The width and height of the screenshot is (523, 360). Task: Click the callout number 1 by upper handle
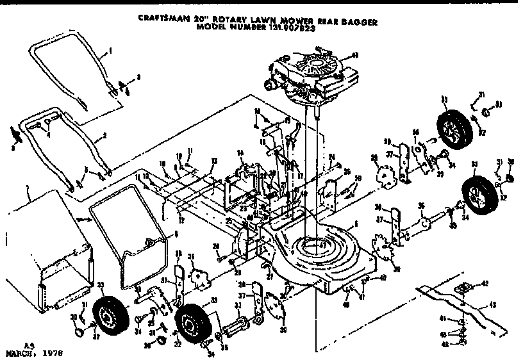(110, 50)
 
